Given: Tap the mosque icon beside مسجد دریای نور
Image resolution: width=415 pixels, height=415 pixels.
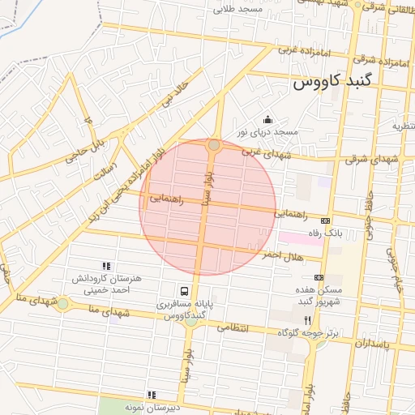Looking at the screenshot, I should point(268,120).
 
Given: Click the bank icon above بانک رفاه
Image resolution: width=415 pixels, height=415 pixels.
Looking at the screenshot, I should point(326,220).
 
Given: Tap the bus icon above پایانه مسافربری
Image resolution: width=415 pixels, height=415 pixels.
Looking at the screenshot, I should point(185,292).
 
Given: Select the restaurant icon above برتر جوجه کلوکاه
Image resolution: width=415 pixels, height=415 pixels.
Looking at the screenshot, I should point(307,320).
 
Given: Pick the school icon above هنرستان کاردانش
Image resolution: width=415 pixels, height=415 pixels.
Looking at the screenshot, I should point(105,265).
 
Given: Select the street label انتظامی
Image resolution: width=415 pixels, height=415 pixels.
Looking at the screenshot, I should point(236,329).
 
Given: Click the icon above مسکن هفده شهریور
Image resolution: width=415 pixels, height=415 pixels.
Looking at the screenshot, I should point(319,276).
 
